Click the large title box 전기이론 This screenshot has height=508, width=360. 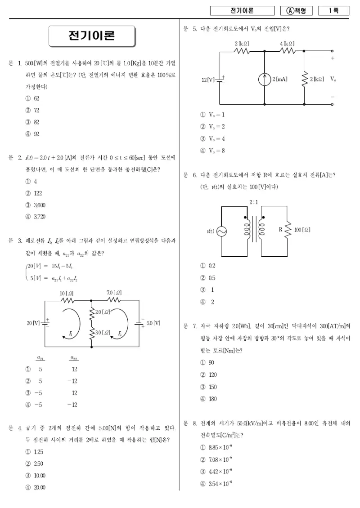[x=92, y=36]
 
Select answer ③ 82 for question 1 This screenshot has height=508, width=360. [x=32, y=122]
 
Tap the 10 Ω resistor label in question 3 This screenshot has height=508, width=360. [x=67, y=294]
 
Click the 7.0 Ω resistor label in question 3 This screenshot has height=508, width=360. [x=114, y=293]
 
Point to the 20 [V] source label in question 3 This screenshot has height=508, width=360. [x=33, y=323]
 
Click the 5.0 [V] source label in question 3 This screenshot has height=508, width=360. [x=153, y=323]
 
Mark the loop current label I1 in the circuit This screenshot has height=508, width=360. [x=71, y=334]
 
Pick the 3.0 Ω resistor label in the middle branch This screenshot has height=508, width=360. [x=103, y=332]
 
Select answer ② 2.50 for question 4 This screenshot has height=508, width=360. [x=34, y=463]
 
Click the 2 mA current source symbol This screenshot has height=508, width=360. [x=265, y=80]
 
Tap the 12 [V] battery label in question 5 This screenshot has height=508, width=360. [x=208, y=80]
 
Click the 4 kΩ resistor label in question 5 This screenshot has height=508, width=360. [x=288, y=44]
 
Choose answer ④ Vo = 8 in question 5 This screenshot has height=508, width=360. [x=213, y=151]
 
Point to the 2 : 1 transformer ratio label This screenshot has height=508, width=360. [x=254, y=202]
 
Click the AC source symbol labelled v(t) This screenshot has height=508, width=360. [x=221, y=232]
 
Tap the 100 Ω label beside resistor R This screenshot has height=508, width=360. [x=302, y=230]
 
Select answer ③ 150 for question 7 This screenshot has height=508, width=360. [x=208, y=387]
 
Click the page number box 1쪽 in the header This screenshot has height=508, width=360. [x=334, y=11]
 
